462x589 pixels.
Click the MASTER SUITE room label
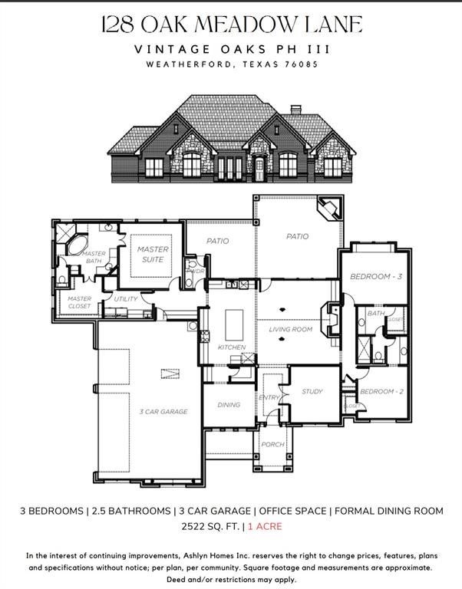153,254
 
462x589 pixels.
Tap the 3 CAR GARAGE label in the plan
163,412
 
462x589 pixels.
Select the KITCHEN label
232,347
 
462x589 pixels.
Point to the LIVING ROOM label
290,330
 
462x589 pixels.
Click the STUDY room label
312,391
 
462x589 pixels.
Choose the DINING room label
229,404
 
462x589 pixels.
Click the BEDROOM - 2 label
381,391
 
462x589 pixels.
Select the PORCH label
272,444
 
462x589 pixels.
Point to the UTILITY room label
126,299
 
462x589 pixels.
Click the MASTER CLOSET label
79,302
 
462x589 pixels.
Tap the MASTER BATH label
94,258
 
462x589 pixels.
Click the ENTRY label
269,397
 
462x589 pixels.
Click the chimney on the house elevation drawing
295,110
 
